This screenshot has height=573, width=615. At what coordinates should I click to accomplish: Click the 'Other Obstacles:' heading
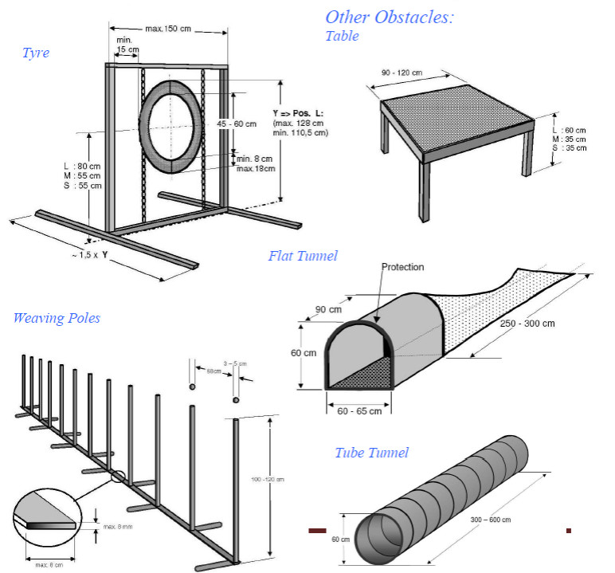point(389,17)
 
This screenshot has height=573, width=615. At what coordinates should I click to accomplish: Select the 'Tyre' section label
point(36,53)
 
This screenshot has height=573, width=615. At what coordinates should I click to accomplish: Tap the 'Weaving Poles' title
point(57,318)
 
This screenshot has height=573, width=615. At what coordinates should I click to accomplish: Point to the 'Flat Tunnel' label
point(303,256)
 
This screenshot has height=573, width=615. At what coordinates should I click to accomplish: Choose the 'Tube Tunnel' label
point(371,453)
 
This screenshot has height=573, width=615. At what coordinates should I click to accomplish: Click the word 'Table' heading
point(343,36)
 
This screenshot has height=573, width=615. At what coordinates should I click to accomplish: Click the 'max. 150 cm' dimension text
point(170,29)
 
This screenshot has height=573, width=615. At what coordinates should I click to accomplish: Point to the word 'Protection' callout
point(402,267)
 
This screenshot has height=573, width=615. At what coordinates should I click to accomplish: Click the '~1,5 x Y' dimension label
point(89,255)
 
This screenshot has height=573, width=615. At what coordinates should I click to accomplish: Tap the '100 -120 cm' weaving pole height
point(267,479)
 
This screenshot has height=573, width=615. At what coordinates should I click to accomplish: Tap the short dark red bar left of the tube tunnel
point(318,530)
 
